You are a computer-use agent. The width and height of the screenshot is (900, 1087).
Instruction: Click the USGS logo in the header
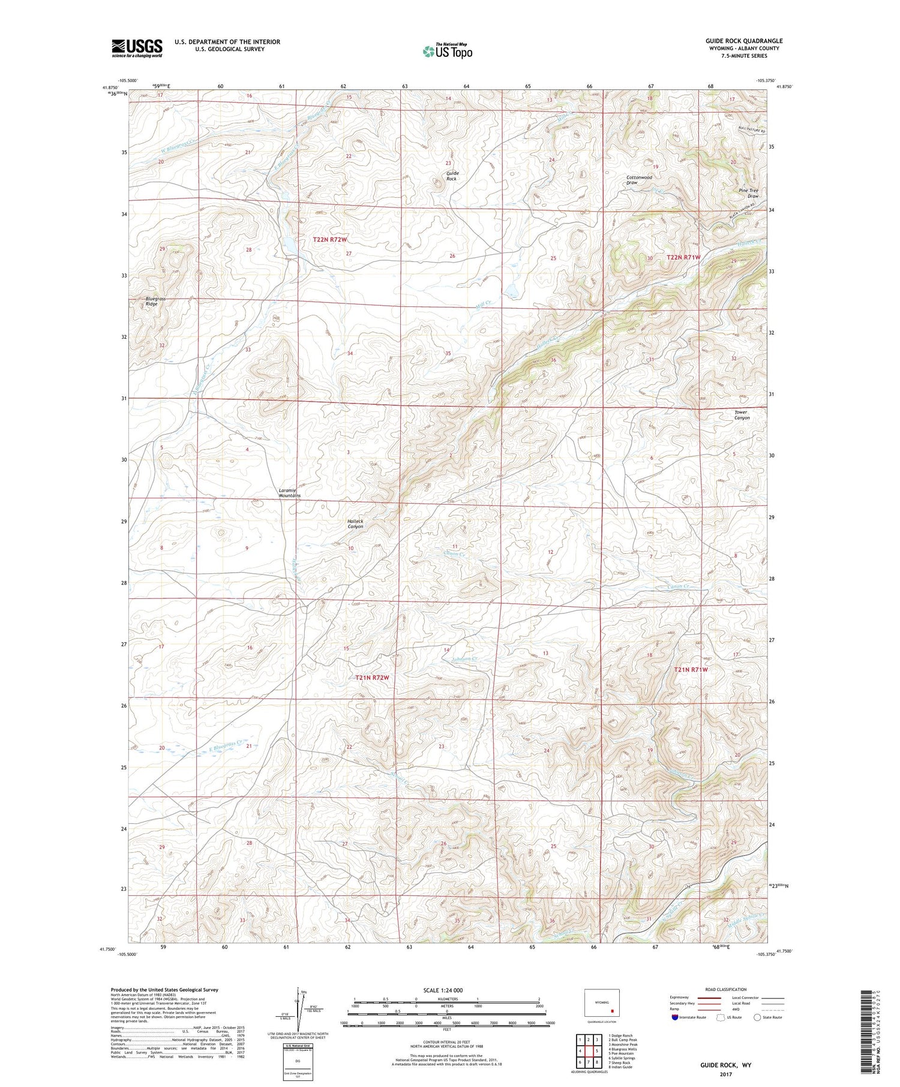[x=137, y=48]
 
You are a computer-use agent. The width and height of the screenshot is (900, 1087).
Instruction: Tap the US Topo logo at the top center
[x=447, y=51]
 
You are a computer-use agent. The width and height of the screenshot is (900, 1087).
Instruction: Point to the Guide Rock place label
[x=451, y=176]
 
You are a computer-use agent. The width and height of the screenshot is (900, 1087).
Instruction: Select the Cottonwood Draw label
[x=638, y=180]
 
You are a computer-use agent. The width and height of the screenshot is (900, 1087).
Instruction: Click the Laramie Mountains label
[x=290, y=493]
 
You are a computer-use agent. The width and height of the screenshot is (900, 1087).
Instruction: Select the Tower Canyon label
[x=742, y=415]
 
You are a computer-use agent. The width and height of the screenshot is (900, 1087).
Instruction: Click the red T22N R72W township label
[x=329, y=239]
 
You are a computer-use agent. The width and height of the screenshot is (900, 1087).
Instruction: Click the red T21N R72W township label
[x=372, y=678]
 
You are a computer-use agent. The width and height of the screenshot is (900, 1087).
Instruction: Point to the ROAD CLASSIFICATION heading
[x=726, y=989]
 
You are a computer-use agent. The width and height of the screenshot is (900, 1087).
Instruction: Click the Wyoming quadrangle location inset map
[x=601, y=1002]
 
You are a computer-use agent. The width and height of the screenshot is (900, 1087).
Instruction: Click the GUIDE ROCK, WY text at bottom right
[x=725, y=1065]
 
